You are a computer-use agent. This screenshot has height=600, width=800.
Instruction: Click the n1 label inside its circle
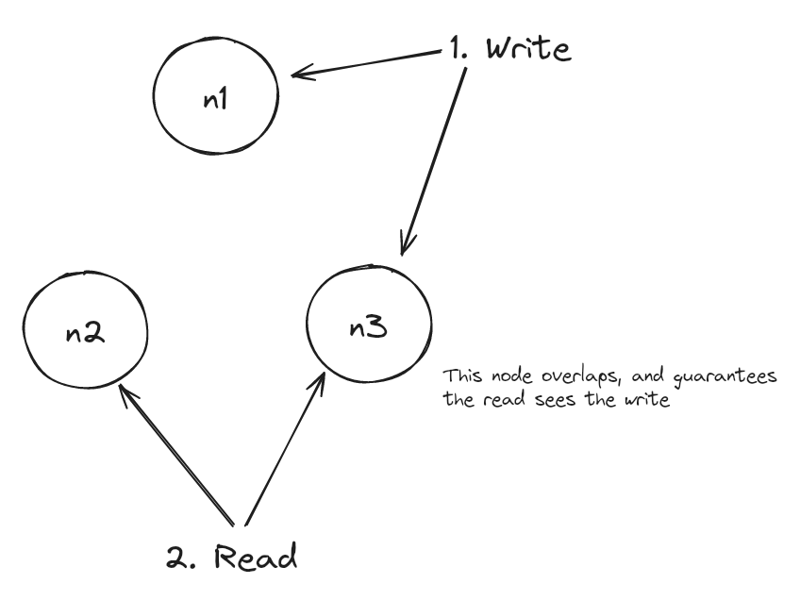click(x=215, y=98)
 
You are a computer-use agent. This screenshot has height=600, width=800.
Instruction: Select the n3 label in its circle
click(x=368, y=327)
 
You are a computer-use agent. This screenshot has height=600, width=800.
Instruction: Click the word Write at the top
click(x=528, y=49)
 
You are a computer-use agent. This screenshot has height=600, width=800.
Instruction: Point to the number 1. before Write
click(x=459, y=49)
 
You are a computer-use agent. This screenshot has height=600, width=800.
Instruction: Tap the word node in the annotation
click(x=512, y=376)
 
